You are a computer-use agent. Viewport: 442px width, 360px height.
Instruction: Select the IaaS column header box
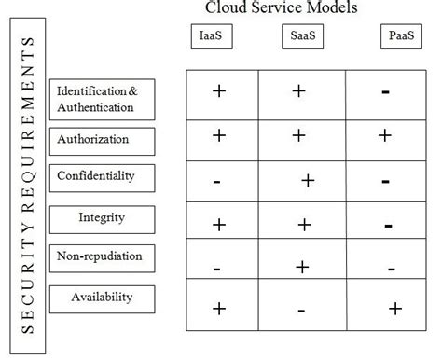point(212,39)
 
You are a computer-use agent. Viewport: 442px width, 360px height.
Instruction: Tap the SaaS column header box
point(299,39)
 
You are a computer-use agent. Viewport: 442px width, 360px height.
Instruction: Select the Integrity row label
point(102,218)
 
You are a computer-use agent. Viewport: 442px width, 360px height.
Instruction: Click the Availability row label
point(102,298)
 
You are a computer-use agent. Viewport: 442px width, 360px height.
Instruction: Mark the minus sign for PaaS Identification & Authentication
point(386,92)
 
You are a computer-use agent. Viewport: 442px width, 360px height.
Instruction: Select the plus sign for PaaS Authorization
point(384,135)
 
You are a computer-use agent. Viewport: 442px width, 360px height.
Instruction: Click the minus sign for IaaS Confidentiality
point(216,181)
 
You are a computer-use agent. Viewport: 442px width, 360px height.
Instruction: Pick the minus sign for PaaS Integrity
point(386,224)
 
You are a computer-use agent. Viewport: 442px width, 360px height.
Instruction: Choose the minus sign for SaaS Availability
point(300,310)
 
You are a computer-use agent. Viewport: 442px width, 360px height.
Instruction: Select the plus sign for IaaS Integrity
point(219,223)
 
